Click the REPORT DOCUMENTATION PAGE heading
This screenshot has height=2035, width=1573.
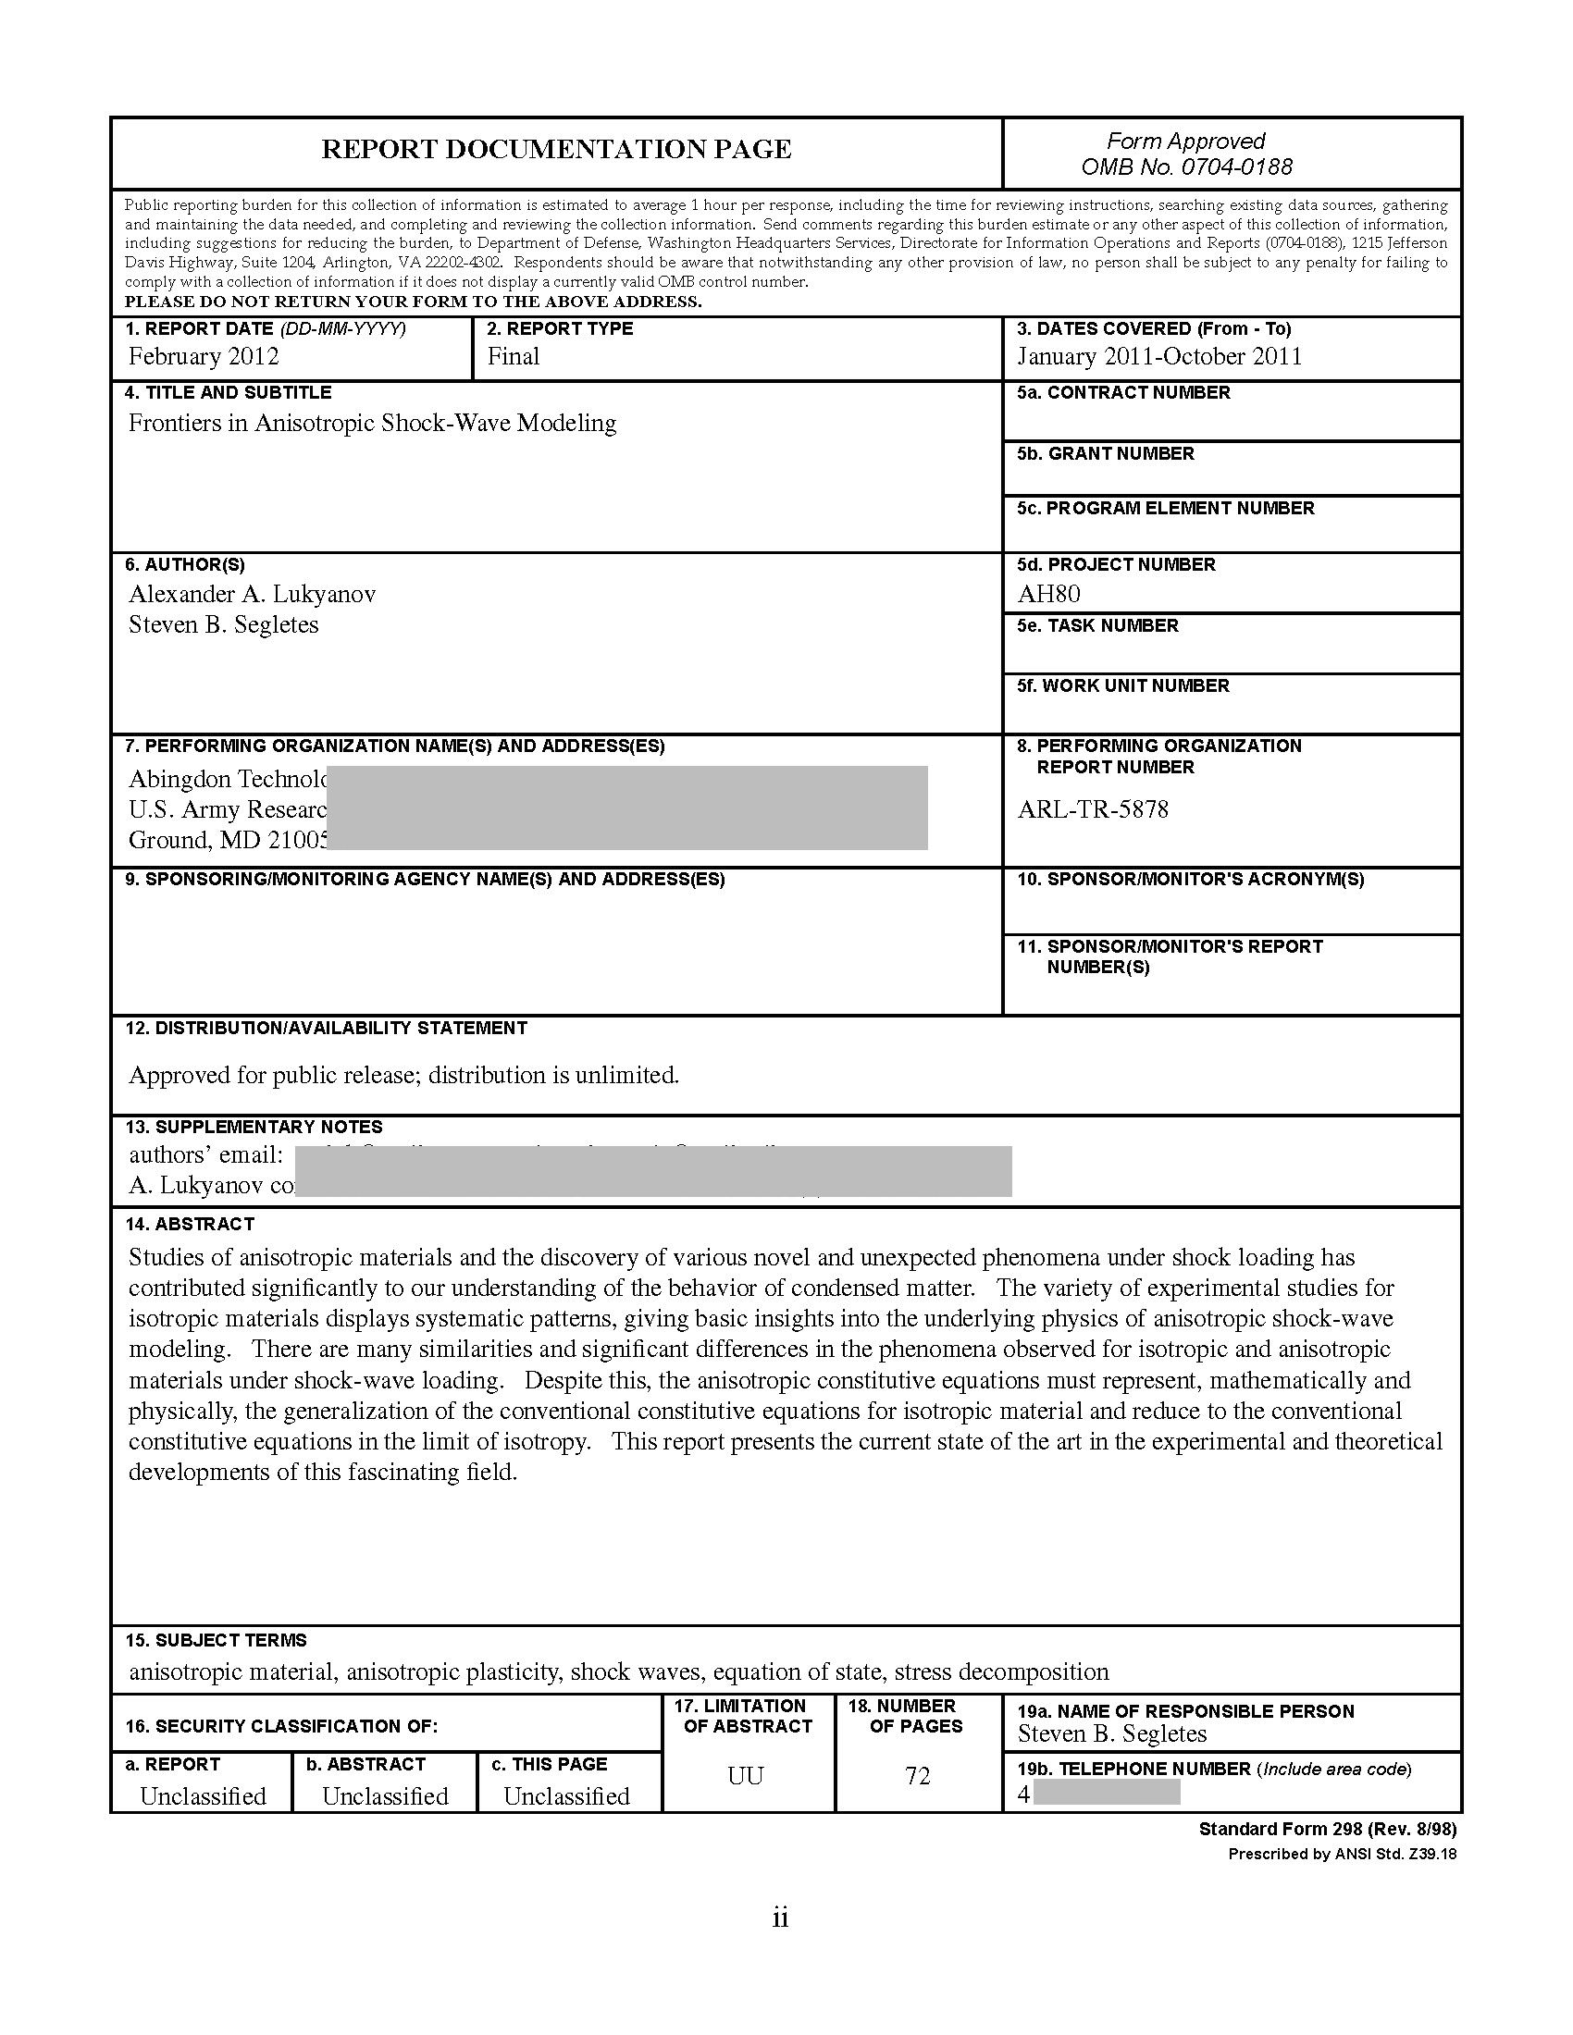(556, 150)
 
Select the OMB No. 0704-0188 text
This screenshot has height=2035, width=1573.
(1186, 167)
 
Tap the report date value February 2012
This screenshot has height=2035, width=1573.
(204, 357)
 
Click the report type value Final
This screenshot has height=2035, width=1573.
(514, 357)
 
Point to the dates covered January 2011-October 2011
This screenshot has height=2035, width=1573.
(1159, 357)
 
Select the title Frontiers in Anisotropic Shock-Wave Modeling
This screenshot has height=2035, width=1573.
(372, 423)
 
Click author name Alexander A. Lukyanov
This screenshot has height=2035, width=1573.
(252, 595)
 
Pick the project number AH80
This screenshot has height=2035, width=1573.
(1049, 595)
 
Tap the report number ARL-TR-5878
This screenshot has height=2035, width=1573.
(1092, 808)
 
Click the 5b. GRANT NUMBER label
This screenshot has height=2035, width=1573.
(1105, 454)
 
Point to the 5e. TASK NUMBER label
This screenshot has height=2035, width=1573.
(1097, 625)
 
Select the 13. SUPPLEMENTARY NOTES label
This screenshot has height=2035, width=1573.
(254, 1127)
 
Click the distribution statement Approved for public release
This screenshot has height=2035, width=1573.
(403, 1075)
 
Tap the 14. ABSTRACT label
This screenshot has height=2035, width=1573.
(189, 1225)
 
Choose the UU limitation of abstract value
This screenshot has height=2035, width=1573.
(746, 1776)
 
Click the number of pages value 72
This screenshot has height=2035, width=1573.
(918, 1776)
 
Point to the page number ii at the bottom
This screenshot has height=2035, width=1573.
(781, 1918)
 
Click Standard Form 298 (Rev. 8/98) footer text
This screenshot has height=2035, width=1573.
(1327, 1829)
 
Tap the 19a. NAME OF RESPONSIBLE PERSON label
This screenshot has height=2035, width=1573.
(1184, 1710)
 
